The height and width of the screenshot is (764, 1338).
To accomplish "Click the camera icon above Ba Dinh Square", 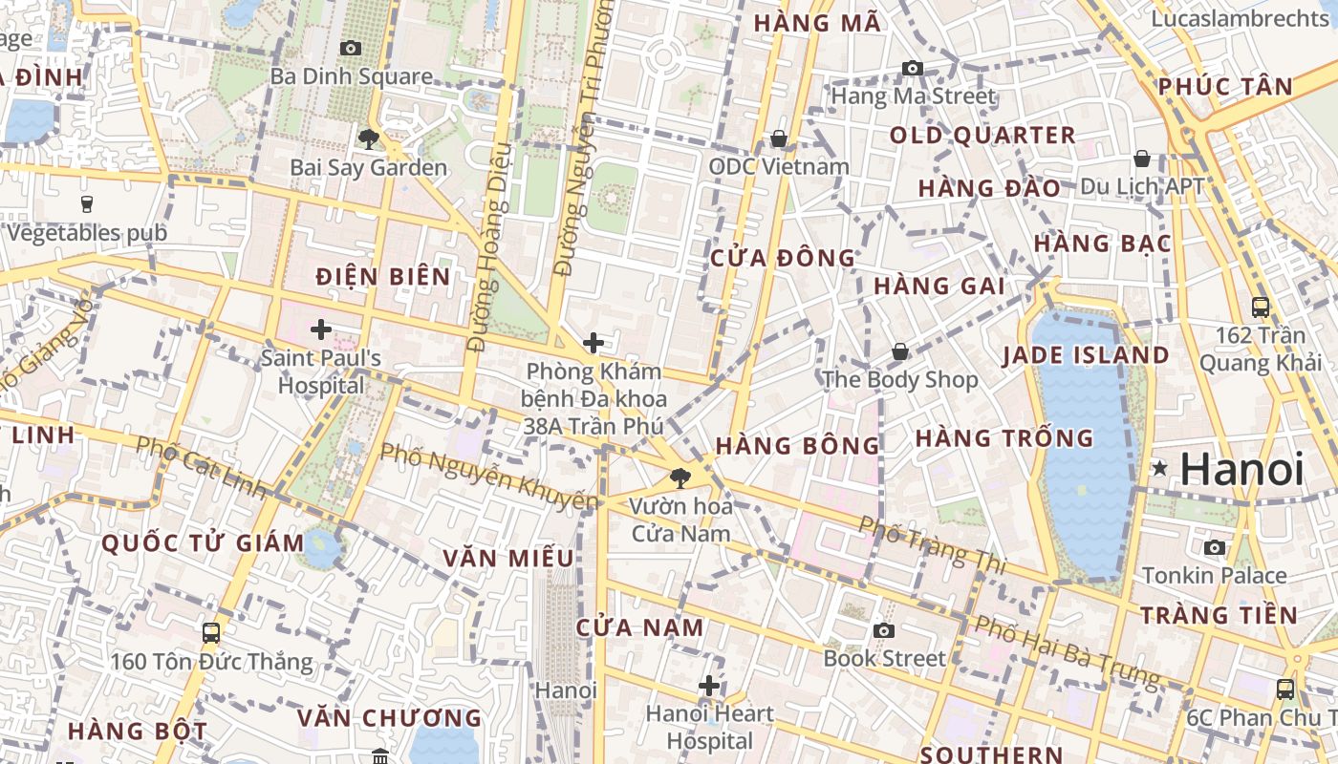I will [351, 48].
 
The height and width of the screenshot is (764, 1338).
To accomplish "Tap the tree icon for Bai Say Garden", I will [368, 139].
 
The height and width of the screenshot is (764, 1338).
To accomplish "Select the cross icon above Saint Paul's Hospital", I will [321, 330].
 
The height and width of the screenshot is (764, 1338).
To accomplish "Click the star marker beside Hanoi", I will [1159, 468].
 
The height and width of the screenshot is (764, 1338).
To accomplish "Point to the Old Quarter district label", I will [982, 136].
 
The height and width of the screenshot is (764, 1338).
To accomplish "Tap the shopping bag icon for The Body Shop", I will [899, 352].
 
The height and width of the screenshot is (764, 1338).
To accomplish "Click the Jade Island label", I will [1086, 355].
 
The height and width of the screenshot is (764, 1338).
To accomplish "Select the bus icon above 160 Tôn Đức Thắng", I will [211, 632].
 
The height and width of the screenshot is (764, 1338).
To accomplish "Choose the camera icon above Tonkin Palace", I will [1215, 547].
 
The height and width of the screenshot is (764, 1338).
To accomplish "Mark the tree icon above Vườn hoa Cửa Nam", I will [680, 477].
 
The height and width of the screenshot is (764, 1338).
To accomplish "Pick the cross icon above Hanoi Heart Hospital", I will [709, 686].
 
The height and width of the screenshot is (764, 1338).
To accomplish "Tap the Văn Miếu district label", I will [508, 558].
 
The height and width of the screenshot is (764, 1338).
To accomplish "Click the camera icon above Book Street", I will [884, 630].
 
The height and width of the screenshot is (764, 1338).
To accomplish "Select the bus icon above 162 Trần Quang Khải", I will [1261, 308].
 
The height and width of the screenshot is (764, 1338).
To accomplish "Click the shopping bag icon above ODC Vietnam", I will [779, 139].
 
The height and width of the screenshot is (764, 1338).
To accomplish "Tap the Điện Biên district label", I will [383, 277].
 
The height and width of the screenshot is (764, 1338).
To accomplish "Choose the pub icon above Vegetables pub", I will [87, 203].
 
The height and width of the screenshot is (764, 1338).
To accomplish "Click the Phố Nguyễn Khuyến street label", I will [489, 475].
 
